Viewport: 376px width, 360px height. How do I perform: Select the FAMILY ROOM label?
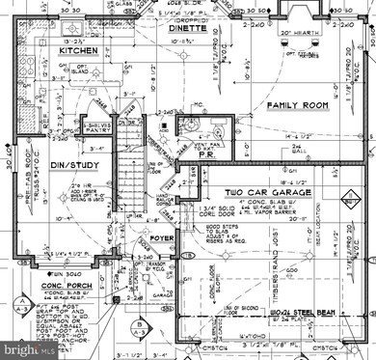[x=299, y=103]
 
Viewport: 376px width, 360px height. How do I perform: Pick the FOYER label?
[x=160, y=236]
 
